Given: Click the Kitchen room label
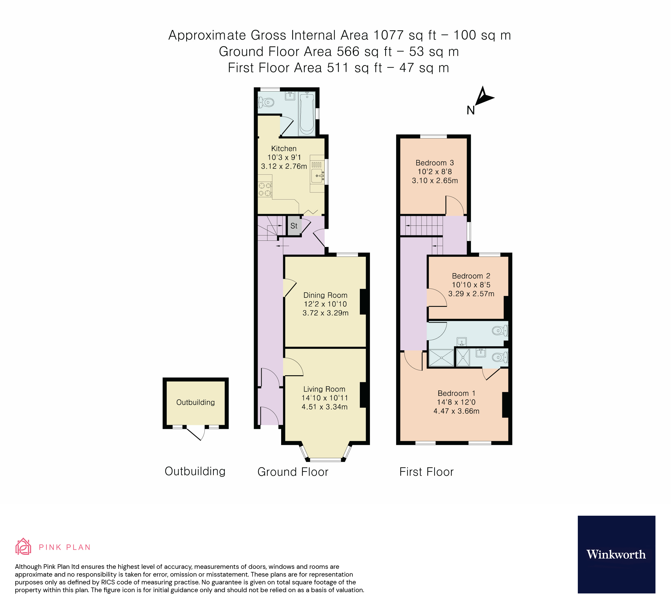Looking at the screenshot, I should click(x=283, y=148).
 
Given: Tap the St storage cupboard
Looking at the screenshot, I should click(x=294, y=226).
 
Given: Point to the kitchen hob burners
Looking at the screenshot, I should click(x=265, y=189).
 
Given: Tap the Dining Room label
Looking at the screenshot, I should click(x=325, y=295).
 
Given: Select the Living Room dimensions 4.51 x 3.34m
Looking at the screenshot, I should click(x=325, y=407).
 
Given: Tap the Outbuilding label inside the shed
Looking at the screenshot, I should click(x=195, y=402).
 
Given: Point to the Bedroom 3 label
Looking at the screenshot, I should click(x=435, y=163).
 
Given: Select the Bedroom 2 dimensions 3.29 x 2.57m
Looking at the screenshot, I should click(x=471, y=294).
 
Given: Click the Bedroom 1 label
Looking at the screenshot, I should click(x=456, y=393).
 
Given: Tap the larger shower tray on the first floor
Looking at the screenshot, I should click(x=441, y=358).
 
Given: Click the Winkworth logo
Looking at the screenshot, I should click(x=616, y=554).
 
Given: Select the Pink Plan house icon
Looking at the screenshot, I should click(x=23, y=547).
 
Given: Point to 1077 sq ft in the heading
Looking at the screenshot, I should click(x=404, y=35).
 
